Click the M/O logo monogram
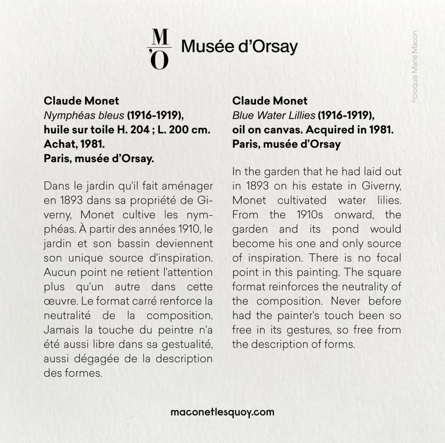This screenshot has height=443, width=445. click(159, 49)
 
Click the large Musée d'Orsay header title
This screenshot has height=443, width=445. click(239, 46)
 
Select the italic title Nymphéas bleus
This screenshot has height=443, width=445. click(84, 115)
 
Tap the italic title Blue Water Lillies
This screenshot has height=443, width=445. click(274, 115)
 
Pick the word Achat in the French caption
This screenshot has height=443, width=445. click(60, 144)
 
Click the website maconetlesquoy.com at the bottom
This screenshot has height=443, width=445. click(222, 412)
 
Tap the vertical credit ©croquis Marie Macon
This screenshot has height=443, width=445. click(414, 67)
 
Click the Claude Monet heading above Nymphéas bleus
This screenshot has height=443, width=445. click(81, 101)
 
